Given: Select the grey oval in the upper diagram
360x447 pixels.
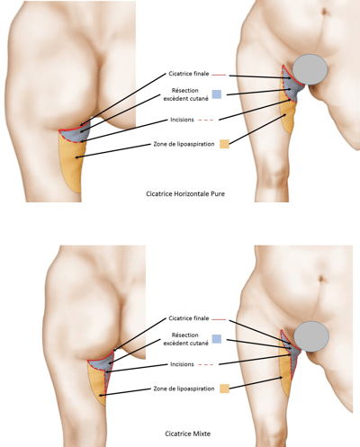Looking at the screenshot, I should click(311, 70).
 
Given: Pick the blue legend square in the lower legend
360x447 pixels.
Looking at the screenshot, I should click(216, 339).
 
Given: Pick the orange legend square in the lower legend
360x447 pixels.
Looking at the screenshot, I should click(223, 388).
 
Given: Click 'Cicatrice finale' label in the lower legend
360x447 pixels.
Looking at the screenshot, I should click(186, 318).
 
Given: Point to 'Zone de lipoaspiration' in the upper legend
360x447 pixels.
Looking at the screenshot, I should click(185, 143).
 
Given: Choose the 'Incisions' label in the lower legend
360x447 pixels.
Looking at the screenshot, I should click(178, 364).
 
